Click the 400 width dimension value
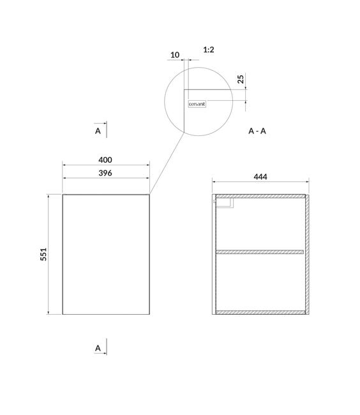[x=105, y=160]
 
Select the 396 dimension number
[x=105, y=173]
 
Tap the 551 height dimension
[x=43, y=254]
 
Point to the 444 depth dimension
[x=260, y=177]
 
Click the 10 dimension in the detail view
[x=175, y=55]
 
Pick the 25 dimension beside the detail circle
[x=241, y=79]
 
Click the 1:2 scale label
[x=209, y=50]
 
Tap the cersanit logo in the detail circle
[x=197, y=104]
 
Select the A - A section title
[x=257, y=131]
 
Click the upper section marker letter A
[x=98, y=131]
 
